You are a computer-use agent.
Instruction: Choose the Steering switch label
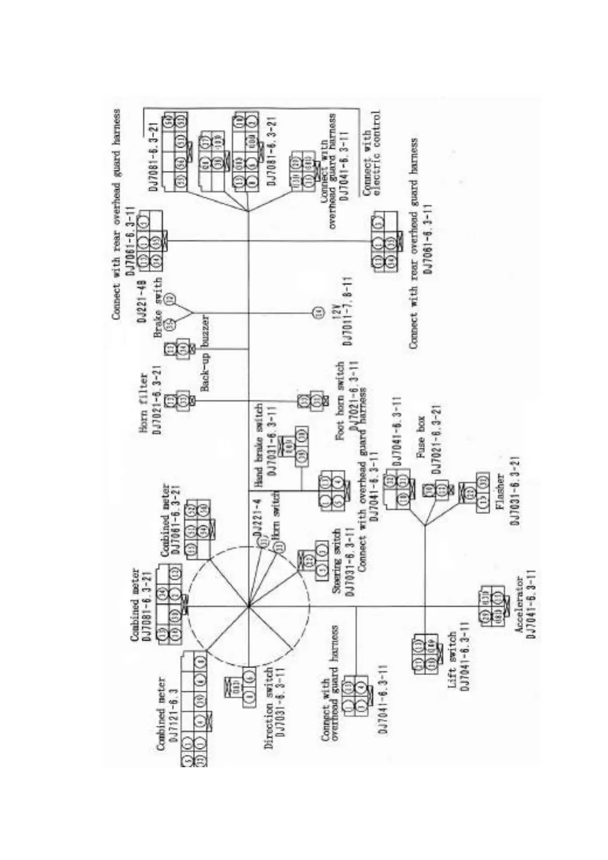click(336, 561)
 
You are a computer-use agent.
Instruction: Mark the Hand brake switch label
click(259, 445)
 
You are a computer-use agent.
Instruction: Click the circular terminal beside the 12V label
click(318, 313)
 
